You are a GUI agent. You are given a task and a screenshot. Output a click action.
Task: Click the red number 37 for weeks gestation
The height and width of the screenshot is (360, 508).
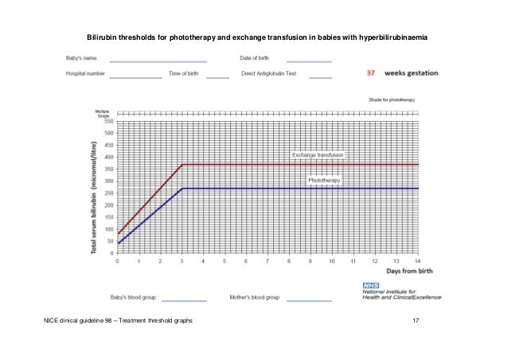[370, 72]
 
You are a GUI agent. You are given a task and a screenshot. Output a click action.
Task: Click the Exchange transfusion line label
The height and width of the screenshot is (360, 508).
[318, 155]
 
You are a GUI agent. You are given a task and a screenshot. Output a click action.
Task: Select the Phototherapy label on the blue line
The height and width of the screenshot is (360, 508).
[324, 181]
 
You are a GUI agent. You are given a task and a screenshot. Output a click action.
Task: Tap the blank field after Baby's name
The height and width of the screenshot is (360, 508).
[158, 61]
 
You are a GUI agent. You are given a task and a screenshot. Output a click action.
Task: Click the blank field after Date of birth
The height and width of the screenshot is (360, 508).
[309, 61]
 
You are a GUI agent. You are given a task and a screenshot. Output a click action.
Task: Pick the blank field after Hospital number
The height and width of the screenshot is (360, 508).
[135, 76]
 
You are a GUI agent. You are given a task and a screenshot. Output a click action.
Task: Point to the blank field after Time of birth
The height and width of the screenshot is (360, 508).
[217, 76]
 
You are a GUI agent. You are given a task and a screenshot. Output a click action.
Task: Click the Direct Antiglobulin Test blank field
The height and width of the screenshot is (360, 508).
[320, 76]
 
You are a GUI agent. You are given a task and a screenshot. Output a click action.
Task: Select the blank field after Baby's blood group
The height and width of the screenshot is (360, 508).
[182, 300]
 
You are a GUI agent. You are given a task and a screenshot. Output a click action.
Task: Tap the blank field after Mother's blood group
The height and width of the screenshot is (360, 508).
[309, 300]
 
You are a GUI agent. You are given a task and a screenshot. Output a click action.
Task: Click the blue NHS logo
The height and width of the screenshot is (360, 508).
[370, 284]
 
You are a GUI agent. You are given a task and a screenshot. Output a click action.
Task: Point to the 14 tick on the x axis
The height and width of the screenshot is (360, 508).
[417, 260]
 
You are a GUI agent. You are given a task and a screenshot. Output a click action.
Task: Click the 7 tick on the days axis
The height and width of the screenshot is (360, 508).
[268, 260]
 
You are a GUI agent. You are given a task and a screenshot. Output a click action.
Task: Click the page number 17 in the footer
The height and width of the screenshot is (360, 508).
[415, 319]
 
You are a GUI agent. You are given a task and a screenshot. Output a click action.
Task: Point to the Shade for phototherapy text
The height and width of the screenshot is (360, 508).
[392, 100]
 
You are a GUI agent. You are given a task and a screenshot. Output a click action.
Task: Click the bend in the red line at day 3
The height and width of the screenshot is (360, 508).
[182, 165]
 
